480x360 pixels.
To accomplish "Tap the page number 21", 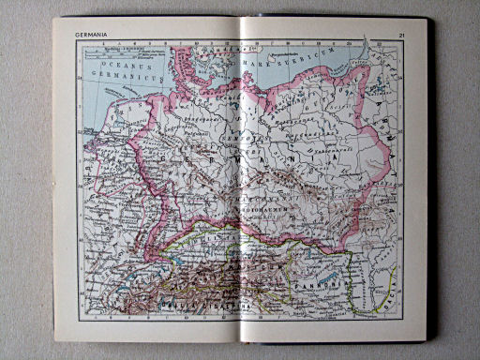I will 400,37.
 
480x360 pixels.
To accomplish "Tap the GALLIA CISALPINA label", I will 215,302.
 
